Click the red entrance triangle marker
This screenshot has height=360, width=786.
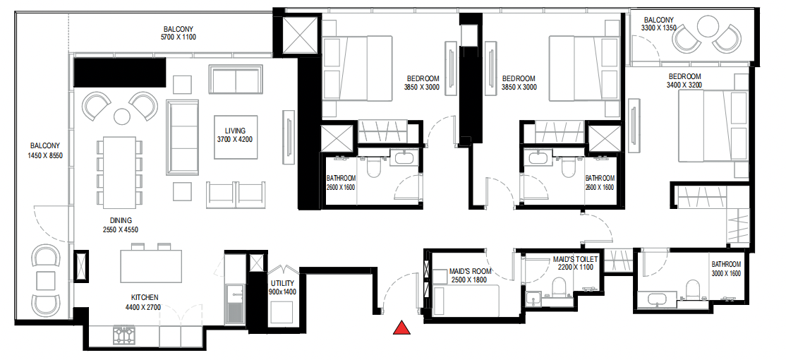pyautogui.click(x=401, y=328)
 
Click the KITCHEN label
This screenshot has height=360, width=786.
pyautogui.click(x=145, y=297)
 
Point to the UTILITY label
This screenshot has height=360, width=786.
pyautogui.click(x=282, y=282)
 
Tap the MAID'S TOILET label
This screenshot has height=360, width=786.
pyautogui.click(x=575, y=259)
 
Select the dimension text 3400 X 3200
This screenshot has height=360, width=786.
pyautogui.click(x=684, y=85)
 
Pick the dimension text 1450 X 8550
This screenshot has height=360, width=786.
pyautogui.click(x=45, y=156)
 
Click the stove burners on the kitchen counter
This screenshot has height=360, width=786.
pyautogui.click(x=124, y=335)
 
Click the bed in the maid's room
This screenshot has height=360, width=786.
pyautogui.click(x=466, y=299)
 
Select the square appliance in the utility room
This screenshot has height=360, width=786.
pyautogui.click(x=282, y=311)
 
